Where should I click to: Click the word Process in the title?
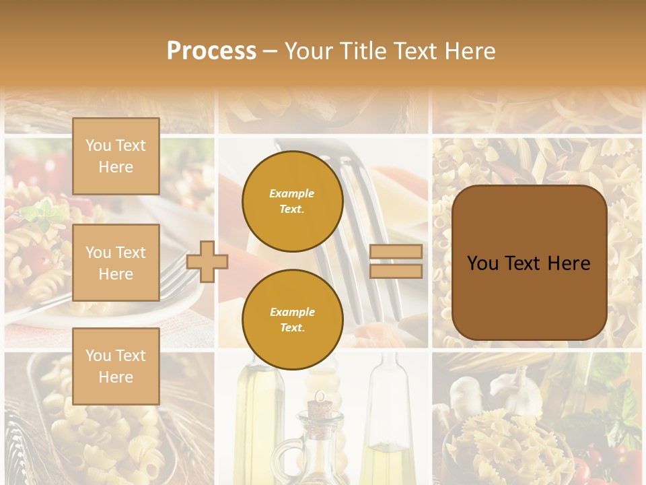(x=211, y=51)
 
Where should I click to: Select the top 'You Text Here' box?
(x=116, y=156)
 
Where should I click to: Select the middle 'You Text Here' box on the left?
(x=116, y=263)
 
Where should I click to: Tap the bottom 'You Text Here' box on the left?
(x=116, y=366)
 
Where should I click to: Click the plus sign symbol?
(x=207, y=261)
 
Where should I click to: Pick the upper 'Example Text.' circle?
(x=292, y=201)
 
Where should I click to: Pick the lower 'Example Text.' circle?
(x=292, y=319)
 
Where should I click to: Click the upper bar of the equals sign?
(x=396, y=251)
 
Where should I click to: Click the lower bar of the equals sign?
(x=396, y=271)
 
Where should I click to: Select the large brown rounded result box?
(x=529, y=263)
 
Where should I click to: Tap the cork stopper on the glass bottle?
(x=317, y=408)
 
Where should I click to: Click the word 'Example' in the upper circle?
(x=291, y=193)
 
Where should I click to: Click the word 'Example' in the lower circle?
(x=291, y=312)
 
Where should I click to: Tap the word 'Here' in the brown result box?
(x=569, y=263)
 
